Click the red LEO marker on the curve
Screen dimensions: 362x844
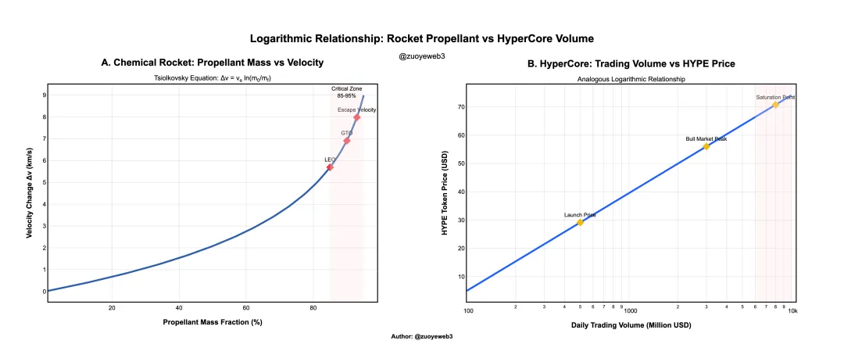pyautogui.click(x=330, y=167)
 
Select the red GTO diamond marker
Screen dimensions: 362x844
pyautogui.click(x=347, y=141)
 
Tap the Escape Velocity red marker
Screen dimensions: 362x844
pyautogui.click(x=357, y=117)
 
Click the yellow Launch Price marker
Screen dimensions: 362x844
pyautogui.click(x=580, y=222)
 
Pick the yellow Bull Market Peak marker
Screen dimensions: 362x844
pyautogui.click(x=706, y=146)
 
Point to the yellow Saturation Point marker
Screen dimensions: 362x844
pyautogui.click(x=775, y=105)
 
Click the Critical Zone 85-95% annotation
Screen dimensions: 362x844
pyautogui.click(x=345, y=93)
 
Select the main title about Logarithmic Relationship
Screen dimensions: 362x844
pyautogui.click(x=422, y=38)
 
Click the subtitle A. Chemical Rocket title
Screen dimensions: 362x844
pyautogui.click(x=212, y=63)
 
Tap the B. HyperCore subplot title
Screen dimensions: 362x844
pyautogui.click(x=631, y=63)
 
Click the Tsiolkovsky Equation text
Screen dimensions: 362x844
pyautogui.click(x=212, y=79)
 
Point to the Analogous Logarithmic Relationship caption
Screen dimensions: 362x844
pyautogui.click(x=630, y=80)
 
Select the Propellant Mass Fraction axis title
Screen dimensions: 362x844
pyautogui.click(x=212, y=322)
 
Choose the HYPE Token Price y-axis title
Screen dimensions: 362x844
pyautogui.click(x=444, y=193)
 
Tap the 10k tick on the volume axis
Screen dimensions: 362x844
pyautogui.click(x=792, y=310)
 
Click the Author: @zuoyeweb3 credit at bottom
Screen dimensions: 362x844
pyautogui.click(x=422, y=335)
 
